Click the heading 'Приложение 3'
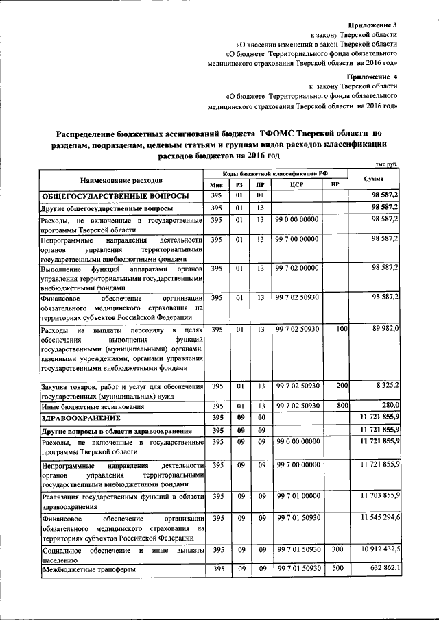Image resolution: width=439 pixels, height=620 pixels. point(373,25)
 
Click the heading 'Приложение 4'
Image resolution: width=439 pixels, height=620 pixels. point(372,76)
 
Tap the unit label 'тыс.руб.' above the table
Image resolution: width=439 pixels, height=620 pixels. point(387,164)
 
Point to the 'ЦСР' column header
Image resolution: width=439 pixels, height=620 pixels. point(297,185)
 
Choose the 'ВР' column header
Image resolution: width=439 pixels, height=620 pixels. point(335,185)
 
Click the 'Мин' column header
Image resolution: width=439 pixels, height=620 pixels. point(216,185)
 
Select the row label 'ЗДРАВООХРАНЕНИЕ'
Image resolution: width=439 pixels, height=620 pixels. point(81,417)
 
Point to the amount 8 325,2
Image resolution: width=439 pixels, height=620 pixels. point(388,386)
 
